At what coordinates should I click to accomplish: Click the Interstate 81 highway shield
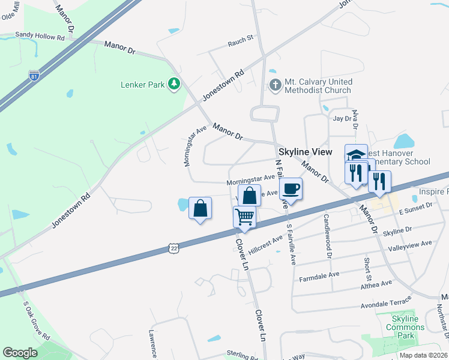(x=35, y=76)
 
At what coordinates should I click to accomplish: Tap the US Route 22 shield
(x=173, y=247)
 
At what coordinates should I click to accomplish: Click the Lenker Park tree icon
(x=174, y=84)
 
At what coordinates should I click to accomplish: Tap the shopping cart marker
(x=245, y=216)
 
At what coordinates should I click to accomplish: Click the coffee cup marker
(x=291, y=188)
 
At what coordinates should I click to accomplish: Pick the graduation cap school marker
(x=356, y=154)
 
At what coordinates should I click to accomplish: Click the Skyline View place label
(x=304, y=152)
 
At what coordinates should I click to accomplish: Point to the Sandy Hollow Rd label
(x=40, y=36)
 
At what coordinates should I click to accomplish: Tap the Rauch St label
(x=241, y=44)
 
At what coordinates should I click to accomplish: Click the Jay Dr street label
(x=342, y=119)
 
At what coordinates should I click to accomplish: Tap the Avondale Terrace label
(x=386, y=302)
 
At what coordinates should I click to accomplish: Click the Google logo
(x=20, y=353)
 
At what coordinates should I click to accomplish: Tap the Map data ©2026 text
(x=423, y=355)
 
